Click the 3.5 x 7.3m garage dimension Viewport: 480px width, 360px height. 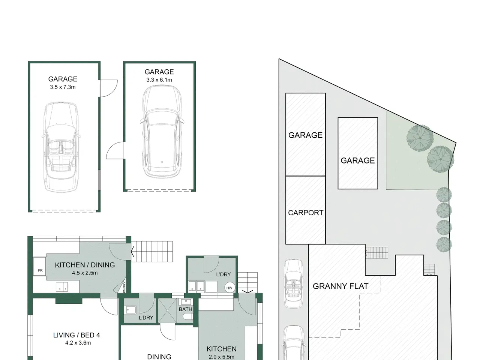pyautogui.click(x=63, y=87)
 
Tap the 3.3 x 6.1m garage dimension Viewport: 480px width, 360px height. pyautogui.click(x=159, y=80)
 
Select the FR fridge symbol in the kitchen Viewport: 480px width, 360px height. pyautogui.click(x=39, y=266)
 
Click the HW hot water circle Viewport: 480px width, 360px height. pyautogui.click(x=229, y=288)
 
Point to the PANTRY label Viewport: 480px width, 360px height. pyautogui.click(x=124, y=287)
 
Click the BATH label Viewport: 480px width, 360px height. pyautogui.click(x=186, y=309)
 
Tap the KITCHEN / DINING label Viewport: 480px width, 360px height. pyautogui.click(x=85, y=265)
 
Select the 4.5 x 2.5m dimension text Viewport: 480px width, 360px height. pyautogui.click(x=85, y=273)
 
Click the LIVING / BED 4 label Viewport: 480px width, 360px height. pyautogui.click(x=76, y=335)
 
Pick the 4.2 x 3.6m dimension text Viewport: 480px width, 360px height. pyautogui.click(x=78, y=343)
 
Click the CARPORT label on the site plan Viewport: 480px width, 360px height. pyautogui.click(x=306, y=213)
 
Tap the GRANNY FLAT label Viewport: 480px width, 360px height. pyautogui.click(x=340, y=286)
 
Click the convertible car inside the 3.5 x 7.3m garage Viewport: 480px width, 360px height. pyautogui.click(x=61, y=147)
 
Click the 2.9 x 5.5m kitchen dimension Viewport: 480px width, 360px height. pyautogui.click(x=222, y=357)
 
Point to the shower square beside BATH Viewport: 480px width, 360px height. pyautogui.click(x=168, y=310)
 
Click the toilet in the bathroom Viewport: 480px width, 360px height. pyautogui.click(x=189, y=316)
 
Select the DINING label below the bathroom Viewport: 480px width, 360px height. pyautogui.click(x=159, y=357)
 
